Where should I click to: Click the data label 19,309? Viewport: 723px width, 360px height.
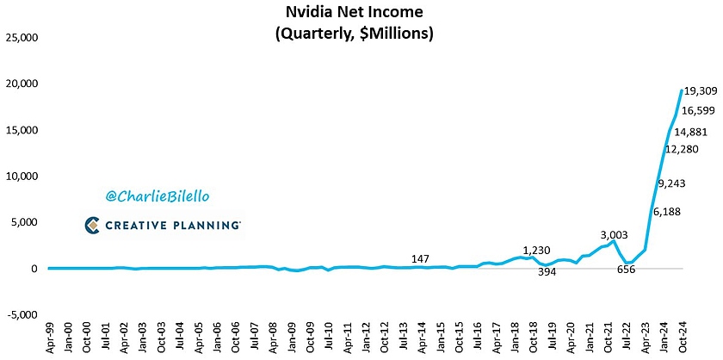(701, 90)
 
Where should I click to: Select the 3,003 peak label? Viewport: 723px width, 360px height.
(615, 234)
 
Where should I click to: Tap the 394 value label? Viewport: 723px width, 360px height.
(548, 272)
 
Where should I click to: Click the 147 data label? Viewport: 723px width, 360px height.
(421, 258)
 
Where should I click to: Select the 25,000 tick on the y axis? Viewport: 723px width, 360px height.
(22, 38)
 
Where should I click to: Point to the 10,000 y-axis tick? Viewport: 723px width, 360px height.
(22, 177)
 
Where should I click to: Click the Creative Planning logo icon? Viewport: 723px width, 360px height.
(95, 225)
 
